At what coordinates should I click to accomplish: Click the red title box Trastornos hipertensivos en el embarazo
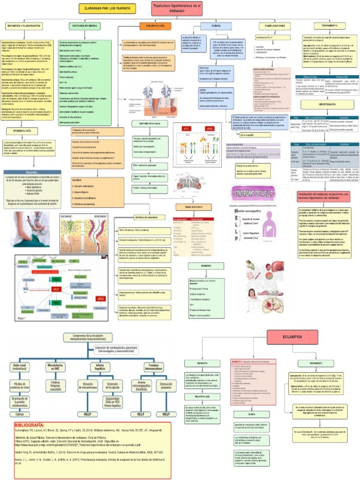click(177, 8)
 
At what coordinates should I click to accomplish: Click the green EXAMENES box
click(206, 266)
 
